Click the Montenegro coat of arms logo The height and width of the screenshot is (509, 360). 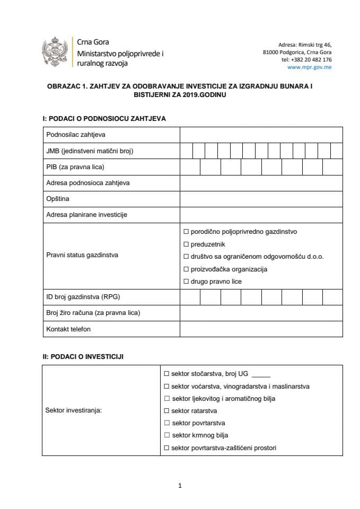tap(55, 52)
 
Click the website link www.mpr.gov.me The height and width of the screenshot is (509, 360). tap(309, 67)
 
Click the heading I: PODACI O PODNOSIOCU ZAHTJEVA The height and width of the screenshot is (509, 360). tap(104, 118)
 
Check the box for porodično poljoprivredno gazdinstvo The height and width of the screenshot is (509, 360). tap(186, 232)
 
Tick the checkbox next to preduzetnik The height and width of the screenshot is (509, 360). tap(186, 244)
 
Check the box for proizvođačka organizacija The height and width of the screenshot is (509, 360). tap(186, 269)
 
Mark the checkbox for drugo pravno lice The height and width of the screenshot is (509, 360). tap(186, 282)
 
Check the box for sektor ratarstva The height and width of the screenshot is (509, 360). tap(167, 411)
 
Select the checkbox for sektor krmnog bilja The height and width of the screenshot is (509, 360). tap(167, 436)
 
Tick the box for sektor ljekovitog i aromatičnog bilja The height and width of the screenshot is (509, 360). tap(167, 399)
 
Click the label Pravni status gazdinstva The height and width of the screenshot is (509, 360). tap(82, 255)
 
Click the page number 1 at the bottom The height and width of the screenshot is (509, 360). tap(180, 485)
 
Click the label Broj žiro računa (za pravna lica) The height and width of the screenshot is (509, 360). tap(93, 313)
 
